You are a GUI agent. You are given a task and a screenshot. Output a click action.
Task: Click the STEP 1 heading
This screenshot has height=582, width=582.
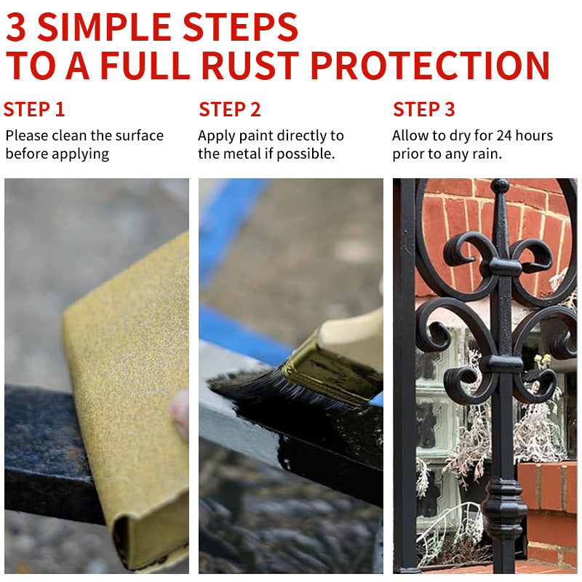tap(34, 110)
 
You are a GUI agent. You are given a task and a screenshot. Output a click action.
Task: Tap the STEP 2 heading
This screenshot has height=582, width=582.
tap(229, 110)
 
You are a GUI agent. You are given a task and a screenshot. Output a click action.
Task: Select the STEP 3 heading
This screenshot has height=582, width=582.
tap(424, 110)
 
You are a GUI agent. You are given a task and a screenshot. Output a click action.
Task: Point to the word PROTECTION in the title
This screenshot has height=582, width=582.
tap(430, 65)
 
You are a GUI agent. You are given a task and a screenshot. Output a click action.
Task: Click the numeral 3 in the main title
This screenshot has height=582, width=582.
tap(16, 27)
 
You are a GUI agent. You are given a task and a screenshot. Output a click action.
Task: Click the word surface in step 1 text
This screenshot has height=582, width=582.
tap(139, 136)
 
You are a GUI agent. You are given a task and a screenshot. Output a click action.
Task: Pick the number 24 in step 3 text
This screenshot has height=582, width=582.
tap(504, 136)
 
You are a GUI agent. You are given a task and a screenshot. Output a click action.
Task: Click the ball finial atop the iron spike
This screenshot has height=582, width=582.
tap(500, 185)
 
